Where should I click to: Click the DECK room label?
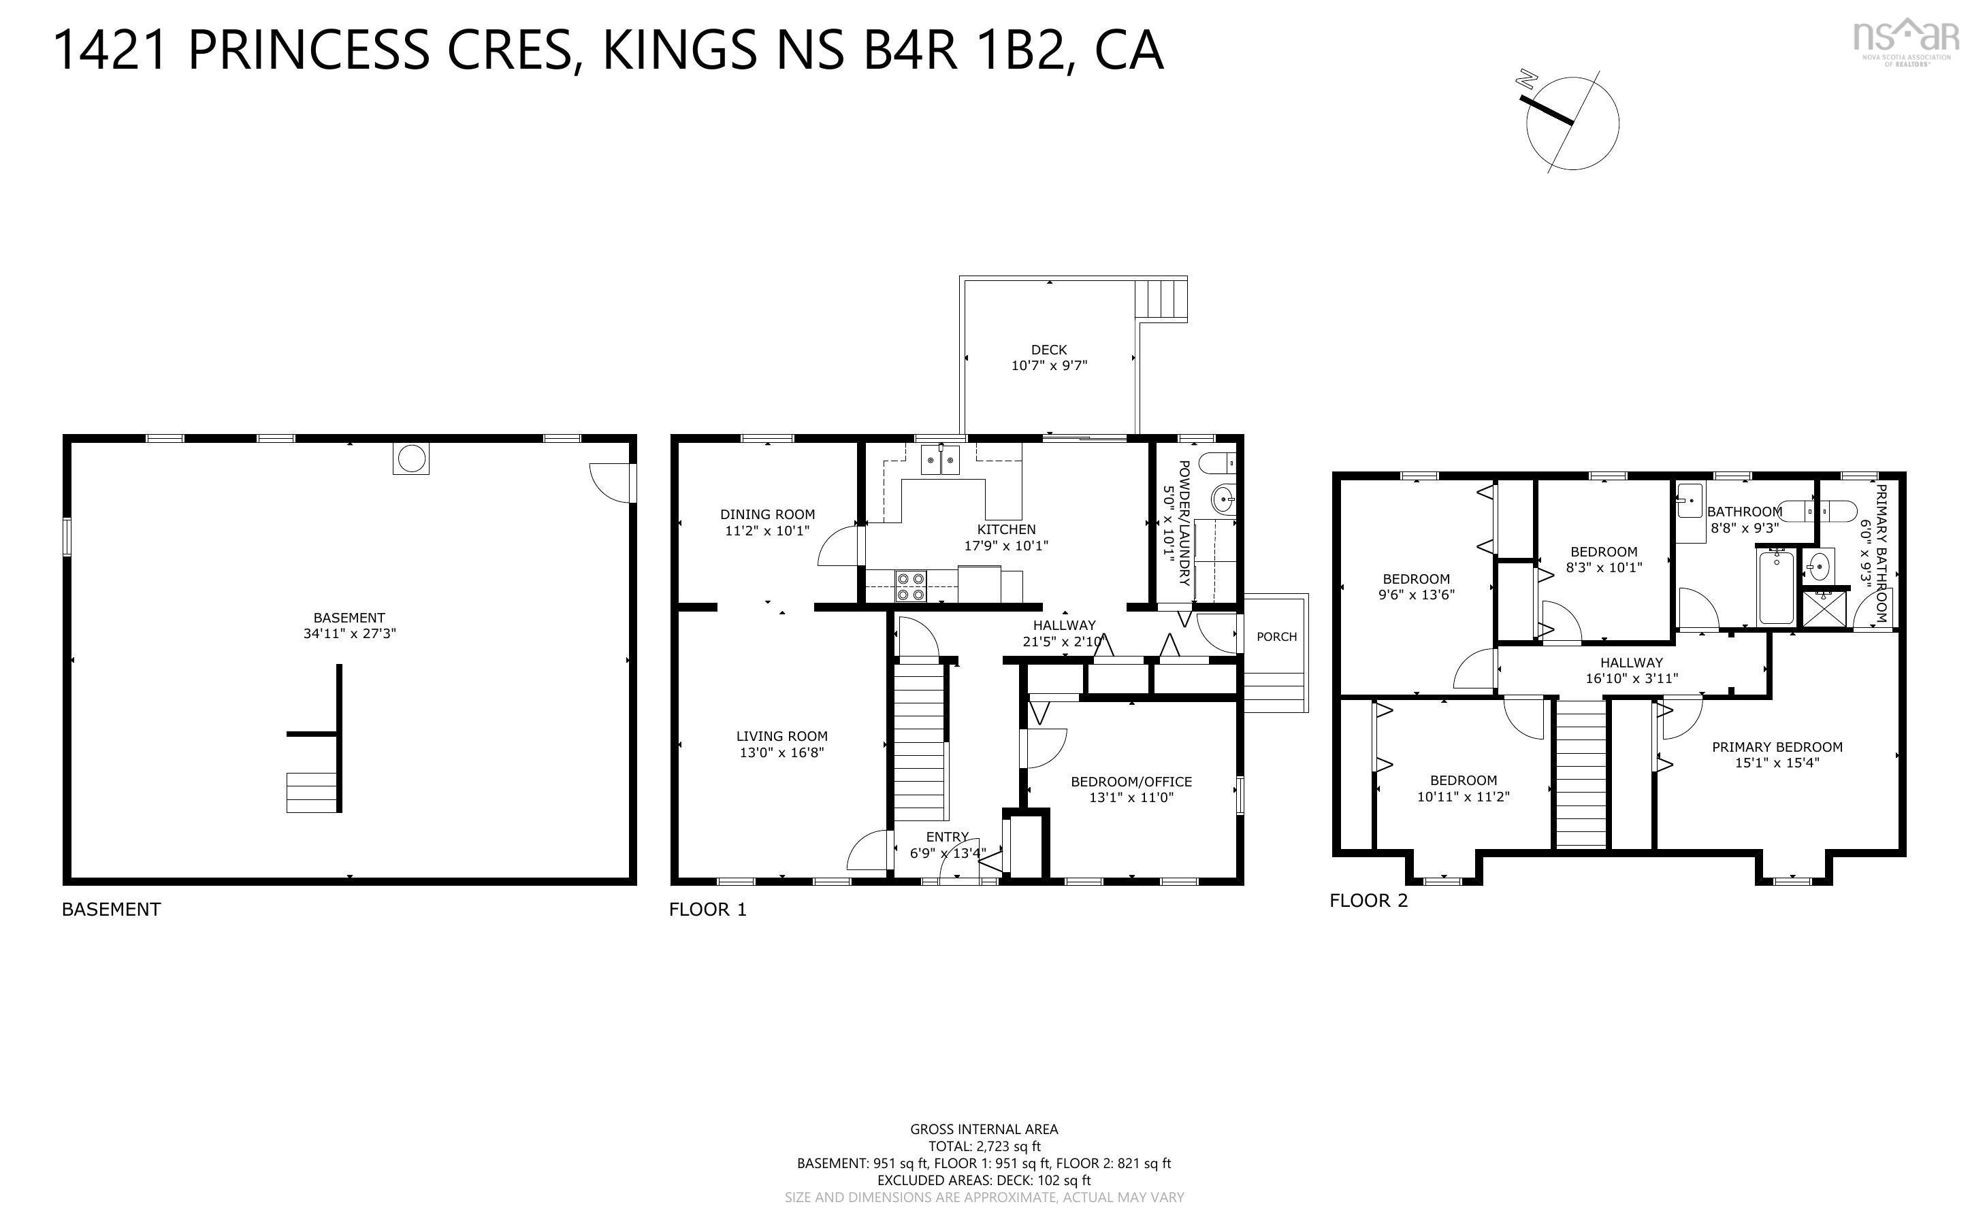1049,350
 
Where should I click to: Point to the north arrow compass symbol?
1571,124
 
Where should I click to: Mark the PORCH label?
1276,636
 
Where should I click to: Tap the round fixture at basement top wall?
411,458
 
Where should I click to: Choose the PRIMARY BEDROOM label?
1777,747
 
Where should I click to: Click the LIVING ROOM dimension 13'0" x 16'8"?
781,752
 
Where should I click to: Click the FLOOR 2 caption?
1368,901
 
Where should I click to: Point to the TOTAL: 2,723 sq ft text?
984,1146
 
